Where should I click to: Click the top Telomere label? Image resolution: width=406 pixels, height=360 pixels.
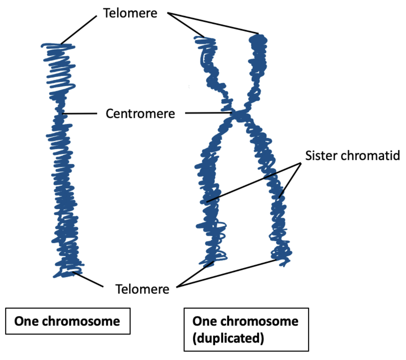pos(130,13)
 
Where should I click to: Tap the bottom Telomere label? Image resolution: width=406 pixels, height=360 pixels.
pos(142,289)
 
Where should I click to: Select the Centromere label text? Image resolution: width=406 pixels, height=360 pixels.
pos(140,114)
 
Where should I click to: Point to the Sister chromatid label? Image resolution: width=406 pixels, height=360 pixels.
pos(352,155)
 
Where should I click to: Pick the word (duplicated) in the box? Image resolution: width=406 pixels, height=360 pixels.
pos(228,339)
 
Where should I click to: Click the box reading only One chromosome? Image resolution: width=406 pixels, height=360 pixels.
pos(67,321)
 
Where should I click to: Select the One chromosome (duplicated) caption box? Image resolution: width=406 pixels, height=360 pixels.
pos(246,329)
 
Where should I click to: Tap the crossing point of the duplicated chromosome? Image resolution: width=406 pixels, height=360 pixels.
pos(240,115)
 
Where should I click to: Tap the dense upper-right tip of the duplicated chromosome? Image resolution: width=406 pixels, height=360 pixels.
pos(258,41)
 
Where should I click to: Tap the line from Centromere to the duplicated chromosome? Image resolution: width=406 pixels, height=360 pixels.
pos(208,113)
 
